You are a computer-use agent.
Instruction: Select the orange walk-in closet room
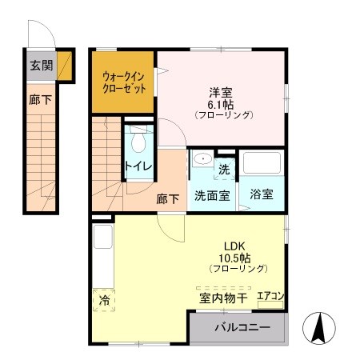123,82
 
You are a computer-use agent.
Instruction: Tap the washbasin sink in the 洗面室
201,158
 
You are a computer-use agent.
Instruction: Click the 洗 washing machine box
225,169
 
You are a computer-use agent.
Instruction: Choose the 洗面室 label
212,194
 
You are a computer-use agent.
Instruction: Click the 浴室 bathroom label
262,194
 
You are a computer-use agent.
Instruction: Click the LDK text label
232,246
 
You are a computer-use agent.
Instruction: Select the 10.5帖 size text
232,258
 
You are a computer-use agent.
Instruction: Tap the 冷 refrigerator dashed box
104,300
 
